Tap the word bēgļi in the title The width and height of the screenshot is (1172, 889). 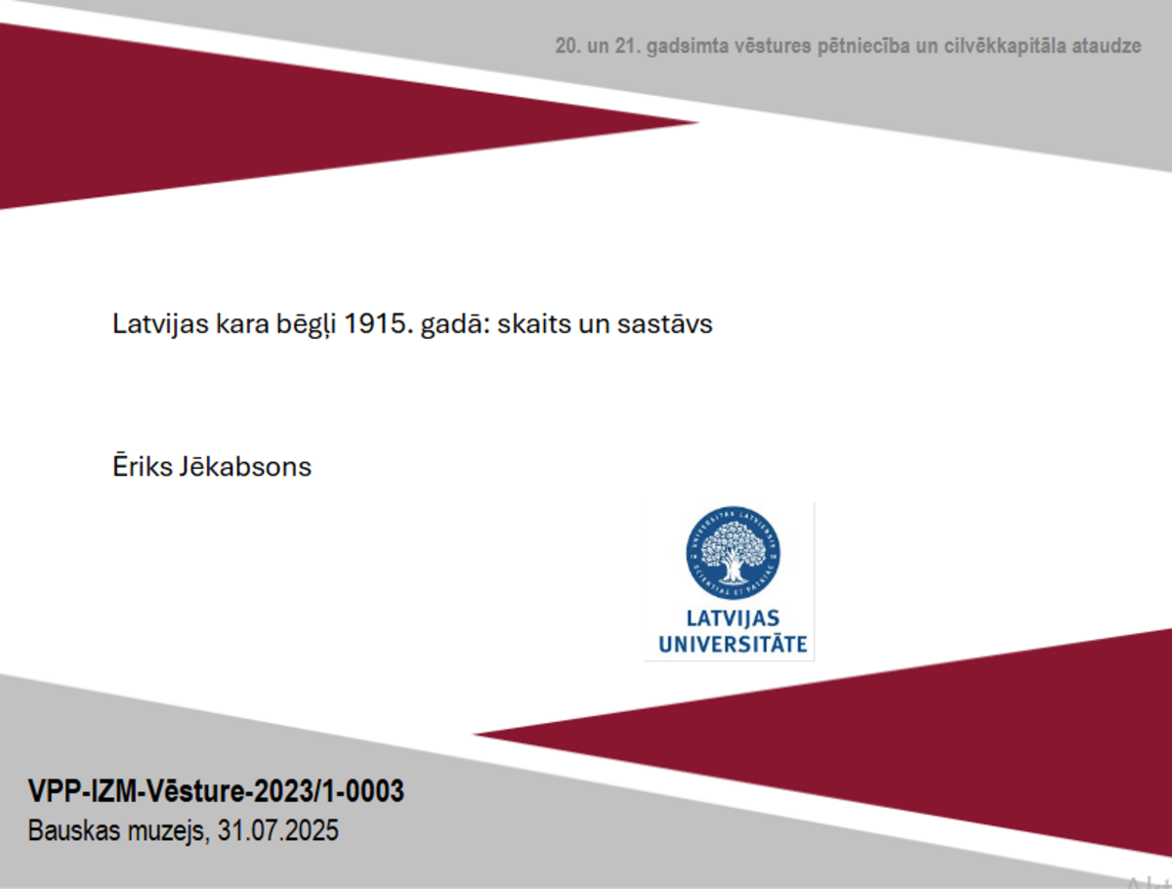306,324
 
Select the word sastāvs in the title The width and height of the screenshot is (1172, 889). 665,324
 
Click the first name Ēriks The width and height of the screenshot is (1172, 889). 143,465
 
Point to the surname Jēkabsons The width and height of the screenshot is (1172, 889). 245,466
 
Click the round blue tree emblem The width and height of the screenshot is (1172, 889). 732,553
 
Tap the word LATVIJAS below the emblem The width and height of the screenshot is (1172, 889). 732,618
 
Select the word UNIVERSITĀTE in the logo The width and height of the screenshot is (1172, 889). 732,644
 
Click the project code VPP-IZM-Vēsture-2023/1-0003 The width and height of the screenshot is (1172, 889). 216,790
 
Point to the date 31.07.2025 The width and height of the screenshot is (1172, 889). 277,830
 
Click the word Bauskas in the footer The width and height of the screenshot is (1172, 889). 74,830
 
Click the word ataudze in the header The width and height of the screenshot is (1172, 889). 1107,46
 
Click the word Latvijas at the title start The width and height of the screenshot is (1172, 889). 161,324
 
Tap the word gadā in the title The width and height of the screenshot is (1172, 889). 455,324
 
